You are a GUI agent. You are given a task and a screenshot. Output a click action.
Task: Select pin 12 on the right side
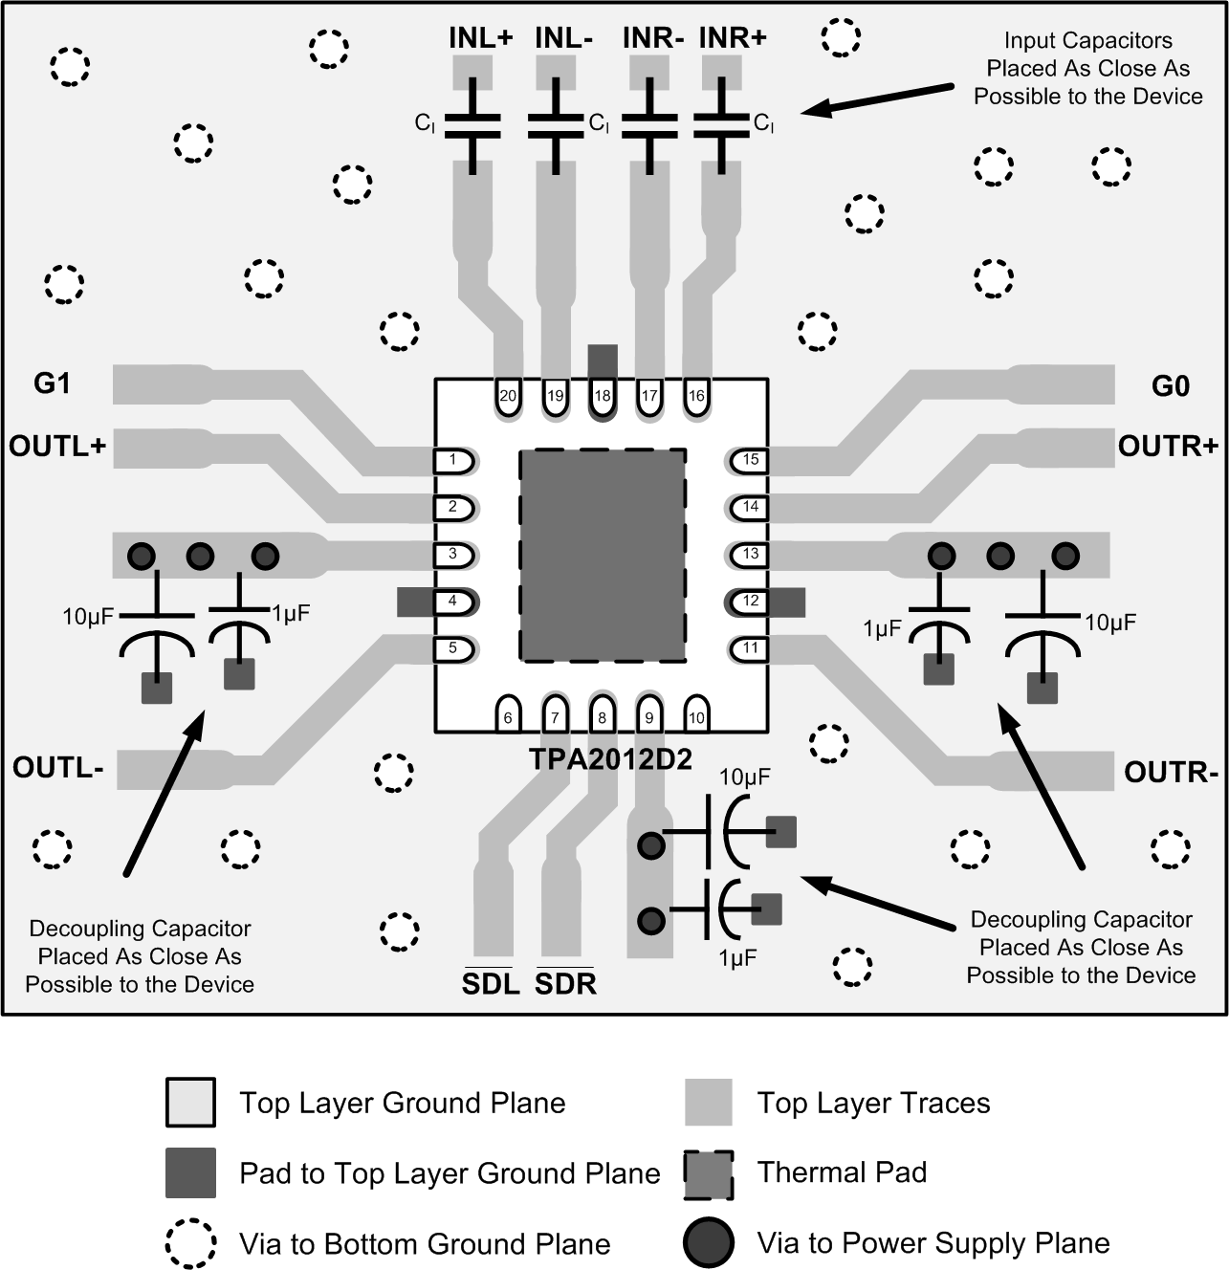coord(751,601)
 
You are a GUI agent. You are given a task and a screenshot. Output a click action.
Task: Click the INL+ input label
coord(481,38)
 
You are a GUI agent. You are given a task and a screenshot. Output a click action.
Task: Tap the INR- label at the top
coord(653,38)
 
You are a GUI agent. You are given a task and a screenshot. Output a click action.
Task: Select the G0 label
coord(1170,386)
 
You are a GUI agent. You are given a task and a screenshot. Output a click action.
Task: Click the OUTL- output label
coord(58,768)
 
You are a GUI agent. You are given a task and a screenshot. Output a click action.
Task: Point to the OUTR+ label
coord(1168,446)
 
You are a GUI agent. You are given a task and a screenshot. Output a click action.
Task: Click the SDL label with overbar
coord(491,983)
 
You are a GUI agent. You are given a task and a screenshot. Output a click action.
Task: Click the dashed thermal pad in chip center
coord(603,555)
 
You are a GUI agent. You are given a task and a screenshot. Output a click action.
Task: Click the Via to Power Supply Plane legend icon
coord(709,1243)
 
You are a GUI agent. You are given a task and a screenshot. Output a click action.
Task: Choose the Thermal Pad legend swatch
coord(709,1174)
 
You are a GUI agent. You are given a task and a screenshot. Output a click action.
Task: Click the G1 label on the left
coord(53,383)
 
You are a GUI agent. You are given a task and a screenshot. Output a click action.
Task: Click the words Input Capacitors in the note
coord(1087,41)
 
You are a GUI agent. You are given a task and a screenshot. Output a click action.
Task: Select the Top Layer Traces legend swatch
coord(709,1103)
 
